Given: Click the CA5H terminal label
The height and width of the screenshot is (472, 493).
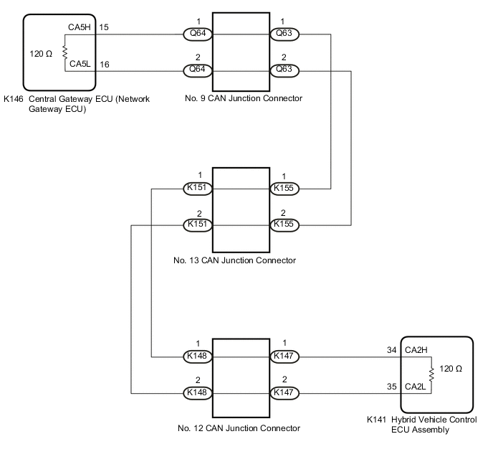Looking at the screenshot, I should coord(80,28).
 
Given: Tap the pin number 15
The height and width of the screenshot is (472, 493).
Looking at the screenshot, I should coord(104,28).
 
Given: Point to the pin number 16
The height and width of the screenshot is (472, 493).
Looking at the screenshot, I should coord(104,65).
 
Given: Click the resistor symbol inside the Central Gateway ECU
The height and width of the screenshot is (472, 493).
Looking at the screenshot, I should coord(64,52).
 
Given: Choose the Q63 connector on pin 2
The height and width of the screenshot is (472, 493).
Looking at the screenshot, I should coord(284,70).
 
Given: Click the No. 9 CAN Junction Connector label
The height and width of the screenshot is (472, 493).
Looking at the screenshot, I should coord(242,98).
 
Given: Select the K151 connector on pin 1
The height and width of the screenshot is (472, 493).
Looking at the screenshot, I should coord(196,189).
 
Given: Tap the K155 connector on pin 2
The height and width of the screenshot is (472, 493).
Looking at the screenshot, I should coord(284,225).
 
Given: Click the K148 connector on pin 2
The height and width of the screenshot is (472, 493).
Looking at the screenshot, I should coord(196,393).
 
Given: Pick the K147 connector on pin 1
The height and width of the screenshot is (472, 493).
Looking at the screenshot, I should coord(284,356).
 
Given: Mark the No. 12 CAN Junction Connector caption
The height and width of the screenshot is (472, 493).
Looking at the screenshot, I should coord(239,429).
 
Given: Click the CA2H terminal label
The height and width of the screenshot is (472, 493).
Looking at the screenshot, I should coord(417,351).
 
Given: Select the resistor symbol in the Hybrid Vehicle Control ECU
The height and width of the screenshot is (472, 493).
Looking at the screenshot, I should coord(431,374).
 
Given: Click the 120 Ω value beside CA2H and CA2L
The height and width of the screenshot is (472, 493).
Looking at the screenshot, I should coord(451,369).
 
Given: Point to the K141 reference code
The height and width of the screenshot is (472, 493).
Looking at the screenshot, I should coord(377,420).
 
